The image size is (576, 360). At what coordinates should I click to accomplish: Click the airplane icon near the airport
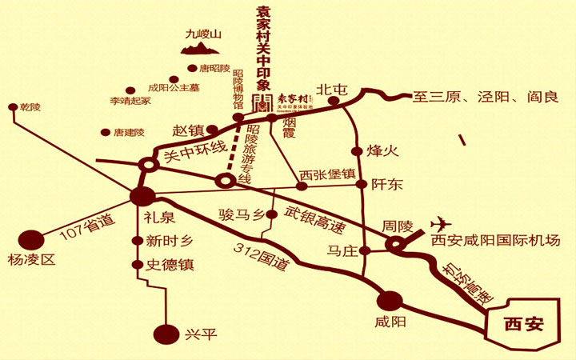[441, 222]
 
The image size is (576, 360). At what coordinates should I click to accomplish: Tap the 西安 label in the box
[524, 324]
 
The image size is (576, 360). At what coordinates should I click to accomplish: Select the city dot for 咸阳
[390, 301]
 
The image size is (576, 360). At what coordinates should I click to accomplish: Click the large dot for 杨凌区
[30, 239]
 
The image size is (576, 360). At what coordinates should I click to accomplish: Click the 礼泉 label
[159, 217]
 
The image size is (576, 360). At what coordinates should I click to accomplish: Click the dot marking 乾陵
[12, 106]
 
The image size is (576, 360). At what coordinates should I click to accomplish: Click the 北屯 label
[330, 90]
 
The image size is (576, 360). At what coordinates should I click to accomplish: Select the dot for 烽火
[357, 150]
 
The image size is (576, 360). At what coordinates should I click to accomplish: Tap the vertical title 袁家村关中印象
[262, 49]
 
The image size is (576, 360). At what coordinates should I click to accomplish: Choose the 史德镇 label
[170, 264]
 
